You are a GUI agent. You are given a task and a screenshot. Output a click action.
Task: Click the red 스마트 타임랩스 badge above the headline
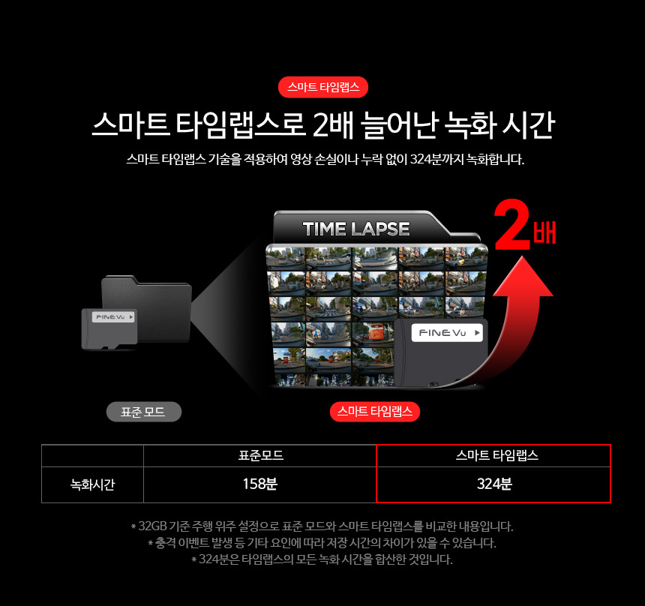[323, 87]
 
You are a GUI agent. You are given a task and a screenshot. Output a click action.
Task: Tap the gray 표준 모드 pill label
[143, 412]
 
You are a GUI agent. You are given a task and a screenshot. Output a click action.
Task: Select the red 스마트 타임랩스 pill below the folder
[375, 412]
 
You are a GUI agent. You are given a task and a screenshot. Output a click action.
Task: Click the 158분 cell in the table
[260, 484]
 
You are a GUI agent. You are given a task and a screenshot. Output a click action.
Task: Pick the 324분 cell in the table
[494, 484]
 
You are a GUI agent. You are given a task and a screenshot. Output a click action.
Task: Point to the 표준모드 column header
[261, 455]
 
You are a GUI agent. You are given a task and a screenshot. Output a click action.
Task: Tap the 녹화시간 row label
[92, 484]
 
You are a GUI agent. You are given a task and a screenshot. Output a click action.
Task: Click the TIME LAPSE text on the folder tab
[355, 229]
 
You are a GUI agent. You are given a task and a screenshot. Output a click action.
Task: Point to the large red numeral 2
[512, 225]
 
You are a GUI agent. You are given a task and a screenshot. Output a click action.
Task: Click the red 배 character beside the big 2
[544, 232]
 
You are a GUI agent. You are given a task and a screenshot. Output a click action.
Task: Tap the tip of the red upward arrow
[523, 256]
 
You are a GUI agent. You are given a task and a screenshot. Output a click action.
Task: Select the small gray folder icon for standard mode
[146, 308]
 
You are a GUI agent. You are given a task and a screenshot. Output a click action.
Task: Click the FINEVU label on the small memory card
[113, 316]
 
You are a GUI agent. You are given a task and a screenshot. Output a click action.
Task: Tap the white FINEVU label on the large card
[447, 332]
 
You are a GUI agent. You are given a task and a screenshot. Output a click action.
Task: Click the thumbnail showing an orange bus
[373, 333]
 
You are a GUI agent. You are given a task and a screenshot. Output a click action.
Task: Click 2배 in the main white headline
[333, 124]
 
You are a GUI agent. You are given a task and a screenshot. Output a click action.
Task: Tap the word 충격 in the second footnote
[165, 543]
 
